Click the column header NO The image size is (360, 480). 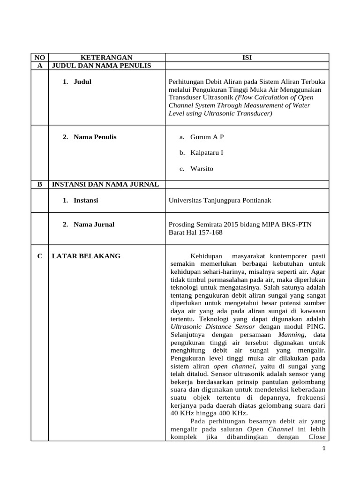tap(39, 57)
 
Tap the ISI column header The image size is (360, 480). tap(247, 57)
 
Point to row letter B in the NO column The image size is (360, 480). tap(39, 184)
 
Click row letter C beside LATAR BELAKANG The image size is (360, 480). tap(39, 256)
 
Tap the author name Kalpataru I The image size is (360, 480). tap(207, 153)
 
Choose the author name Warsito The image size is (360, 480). tap(202, 168)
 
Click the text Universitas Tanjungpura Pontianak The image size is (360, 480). tap(220, 200)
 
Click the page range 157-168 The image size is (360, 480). tap(210, 232)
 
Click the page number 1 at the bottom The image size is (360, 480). tap(323, 449)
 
